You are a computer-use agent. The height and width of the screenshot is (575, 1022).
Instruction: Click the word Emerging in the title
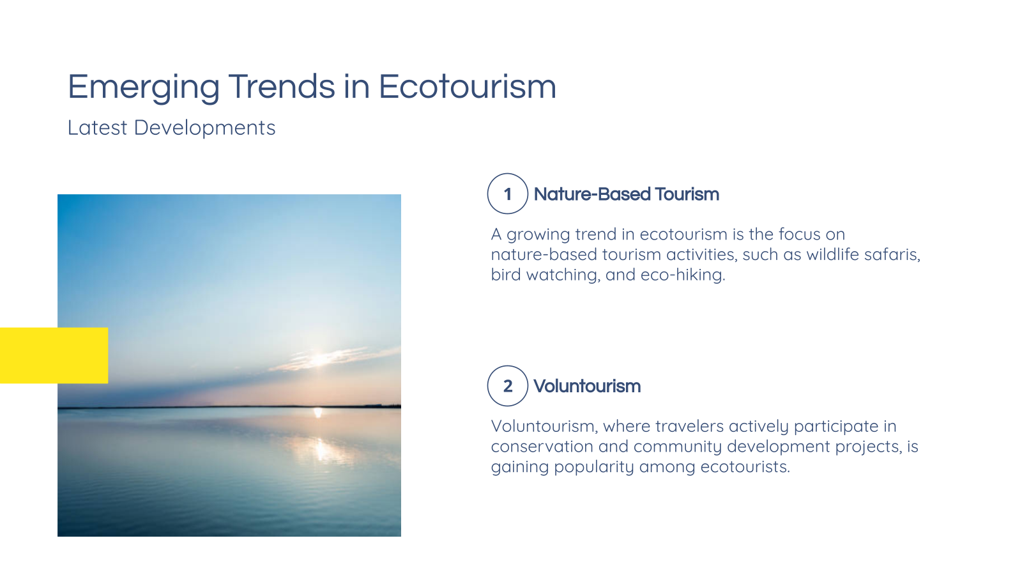click(x=144, y=87)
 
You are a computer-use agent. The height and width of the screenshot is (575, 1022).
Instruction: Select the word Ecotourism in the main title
click(x=468, y=87)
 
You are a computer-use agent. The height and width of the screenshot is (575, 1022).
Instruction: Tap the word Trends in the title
click(x=282, y=87)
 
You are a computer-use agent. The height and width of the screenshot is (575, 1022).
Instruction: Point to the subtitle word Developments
click(x=204, y=128)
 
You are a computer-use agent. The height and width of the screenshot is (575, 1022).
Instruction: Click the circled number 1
click(x=508, y=194)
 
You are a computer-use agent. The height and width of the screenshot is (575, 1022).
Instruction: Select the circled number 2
click(x=508, y=386)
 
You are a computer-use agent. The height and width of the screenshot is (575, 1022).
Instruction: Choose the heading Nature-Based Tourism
click(x=626, y=194)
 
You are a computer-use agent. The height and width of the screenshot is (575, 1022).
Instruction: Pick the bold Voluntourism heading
click(x=587, y=386)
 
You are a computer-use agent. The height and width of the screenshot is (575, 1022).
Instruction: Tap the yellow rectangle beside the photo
click(x=54, y=355)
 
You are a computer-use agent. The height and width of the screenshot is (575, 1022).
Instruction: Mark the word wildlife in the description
click(x=832, y=254)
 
